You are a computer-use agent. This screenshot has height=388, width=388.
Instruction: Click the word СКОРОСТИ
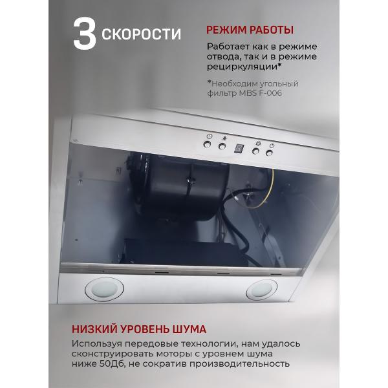tap(142, 34)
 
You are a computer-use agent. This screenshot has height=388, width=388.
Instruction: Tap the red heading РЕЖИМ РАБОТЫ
tap(250, 30)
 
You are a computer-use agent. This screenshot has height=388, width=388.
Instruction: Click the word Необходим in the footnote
tap(235, 83)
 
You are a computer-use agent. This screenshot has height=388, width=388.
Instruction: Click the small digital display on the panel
tap(239, 148)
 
